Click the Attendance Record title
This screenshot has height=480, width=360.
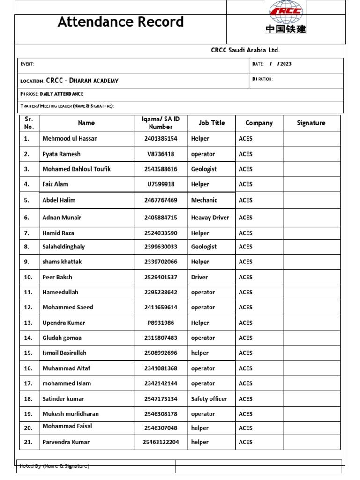pyautogui.click(x=120, y=22)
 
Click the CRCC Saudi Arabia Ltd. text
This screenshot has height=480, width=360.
pyautogui.click(x=245, y=50)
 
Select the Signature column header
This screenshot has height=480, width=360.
pyautogui.click(x=311, y=123)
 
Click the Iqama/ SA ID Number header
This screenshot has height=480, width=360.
pyautogui.click(x=161, y=123)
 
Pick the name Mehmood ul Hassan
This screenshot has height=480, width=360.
pyautogui.click(x=70, y=139)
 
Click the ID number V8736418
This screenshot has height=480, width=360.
pyautogui.click(x=161, y=154)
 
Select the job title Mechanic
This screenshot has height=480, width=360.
pyautogui.click(x=204, y=200)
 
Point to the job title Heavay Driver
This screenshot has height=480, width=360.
pyautogui.click(x=210, y=217)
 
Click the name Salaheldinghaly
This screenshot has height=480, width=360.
pyautogui.click(x=64, y=247)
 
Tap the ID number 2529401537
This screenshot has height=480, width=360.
pyautogui.click(x=161, y=277)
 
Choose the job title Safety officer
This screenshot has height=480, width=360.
pyautogui.click(x=209, y=399)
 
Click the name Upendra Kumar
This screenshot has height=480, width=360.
pyautogui.click(x=64, y=323)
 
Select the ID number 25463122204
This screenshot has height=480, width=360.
pyautogui.click(x=161, y=442)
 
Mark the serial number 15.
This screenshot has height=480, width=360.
pyautogui.click(x=28, y=353)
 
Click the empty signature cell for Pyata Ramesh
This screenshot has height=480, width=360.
pyautogui.click(x=311, y=154)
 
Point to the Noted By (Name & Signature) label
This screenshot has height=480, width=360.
pyautogui.click(x=54, y=466)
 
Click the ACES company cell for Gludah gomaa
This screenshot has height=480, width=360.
pyautogui.click(x=245, y=338)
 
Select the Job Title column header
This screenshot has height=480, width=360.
pyautogui.click(x=211, y=123)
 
